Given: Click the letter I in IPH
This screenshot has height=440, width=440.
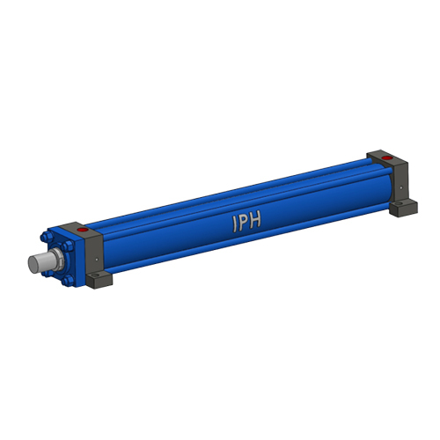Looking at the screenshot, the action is (235, 224).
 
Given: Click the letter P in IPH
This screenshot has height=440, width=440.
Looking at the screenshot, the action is (244, 223).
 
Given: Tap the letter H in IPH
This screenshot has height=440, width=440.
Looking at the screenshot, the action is (255, 220).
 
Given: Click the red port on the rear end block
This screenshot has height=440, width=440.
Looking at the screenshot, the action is (387, 158).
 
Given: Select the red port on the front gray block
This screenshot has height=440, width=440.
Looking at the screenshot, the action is (83, 230).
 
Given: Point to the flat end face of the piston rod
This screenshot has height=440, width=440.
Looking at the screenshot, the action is (33, 264).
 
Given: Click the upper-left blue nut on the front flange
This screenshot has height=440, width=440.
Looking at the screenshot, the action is (46, 237).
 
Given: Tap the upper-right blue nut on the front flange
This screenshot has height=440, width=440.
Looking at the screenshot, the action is (68, 246).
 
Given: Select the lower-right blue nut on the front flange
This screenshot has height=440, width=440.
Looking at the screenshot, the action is (68, 280).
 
